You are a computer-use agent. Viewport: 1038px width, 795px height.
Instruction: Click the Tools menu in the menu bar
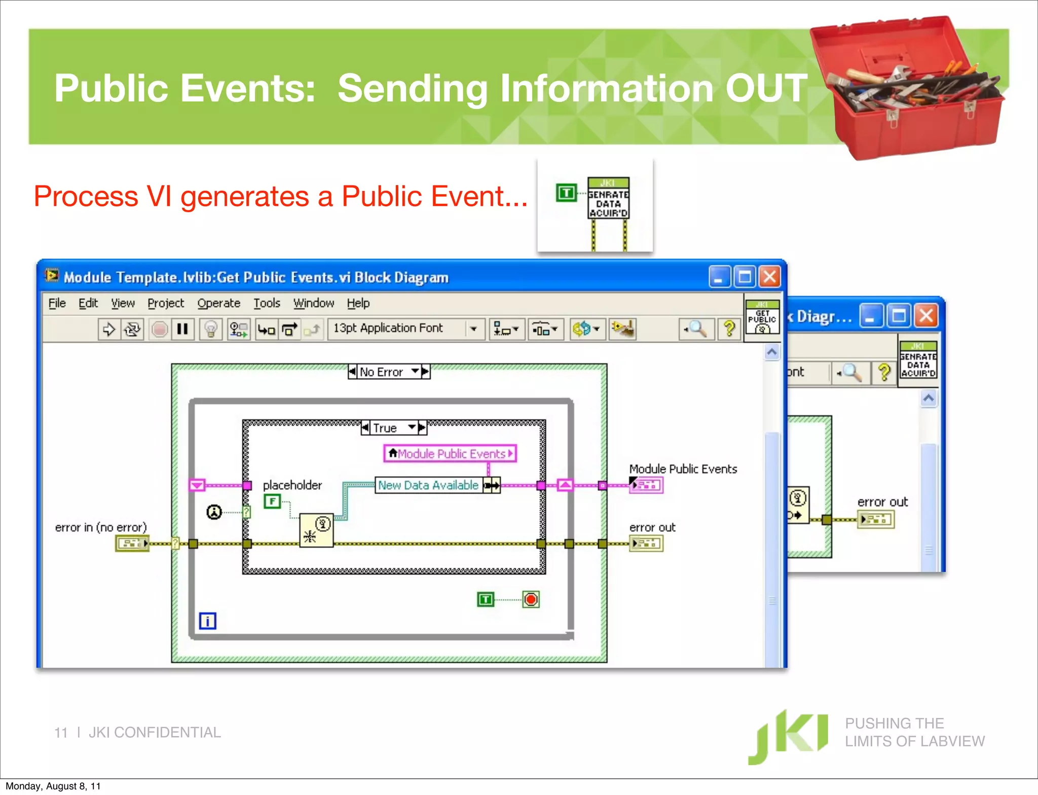(267, 303)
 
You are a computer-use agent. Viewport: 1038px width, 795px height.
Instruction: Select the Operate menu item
(218, 303)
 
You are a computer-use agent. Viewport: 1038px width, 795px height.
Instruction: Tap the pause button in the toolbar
(182, 330)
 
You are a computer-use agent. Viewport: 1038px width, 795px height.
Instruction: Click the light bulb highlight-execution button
(211, 330)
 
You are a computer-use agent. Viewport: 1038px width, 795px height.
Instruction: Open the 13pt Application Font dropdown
(473, 329)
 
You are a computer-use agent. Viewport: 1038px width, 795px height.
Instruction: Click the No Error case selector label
(381, 372)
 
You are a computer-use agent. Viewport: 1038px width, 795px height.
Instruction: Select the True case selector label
(385, 428)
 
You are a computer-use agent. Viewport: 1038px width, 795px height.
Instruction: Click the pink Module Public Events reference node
(450, 454)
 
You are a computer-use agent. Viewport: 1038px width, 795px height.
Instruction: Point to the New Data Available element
(428, 485)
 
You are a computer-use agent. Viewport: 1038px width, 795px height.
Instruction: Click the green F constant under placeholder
(272, 501)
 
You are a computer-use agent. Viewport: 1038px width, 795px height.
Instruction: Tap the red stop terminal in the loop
(531, 600)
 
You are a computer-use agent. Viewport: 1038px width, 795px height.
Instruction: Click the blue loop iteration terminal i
(207, 621)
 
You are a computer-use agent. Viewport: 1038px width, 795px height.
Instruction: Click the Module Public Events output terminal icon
(646, 485)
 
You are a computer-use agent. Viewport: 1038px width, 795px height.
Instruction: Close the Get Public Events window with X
(769, 277)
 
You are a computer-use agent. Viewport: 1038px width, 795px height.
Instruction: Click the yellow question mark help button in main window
(729, 329)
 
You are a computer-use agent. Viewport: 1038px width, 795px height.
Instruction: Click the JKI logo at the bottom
(788, 735)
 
